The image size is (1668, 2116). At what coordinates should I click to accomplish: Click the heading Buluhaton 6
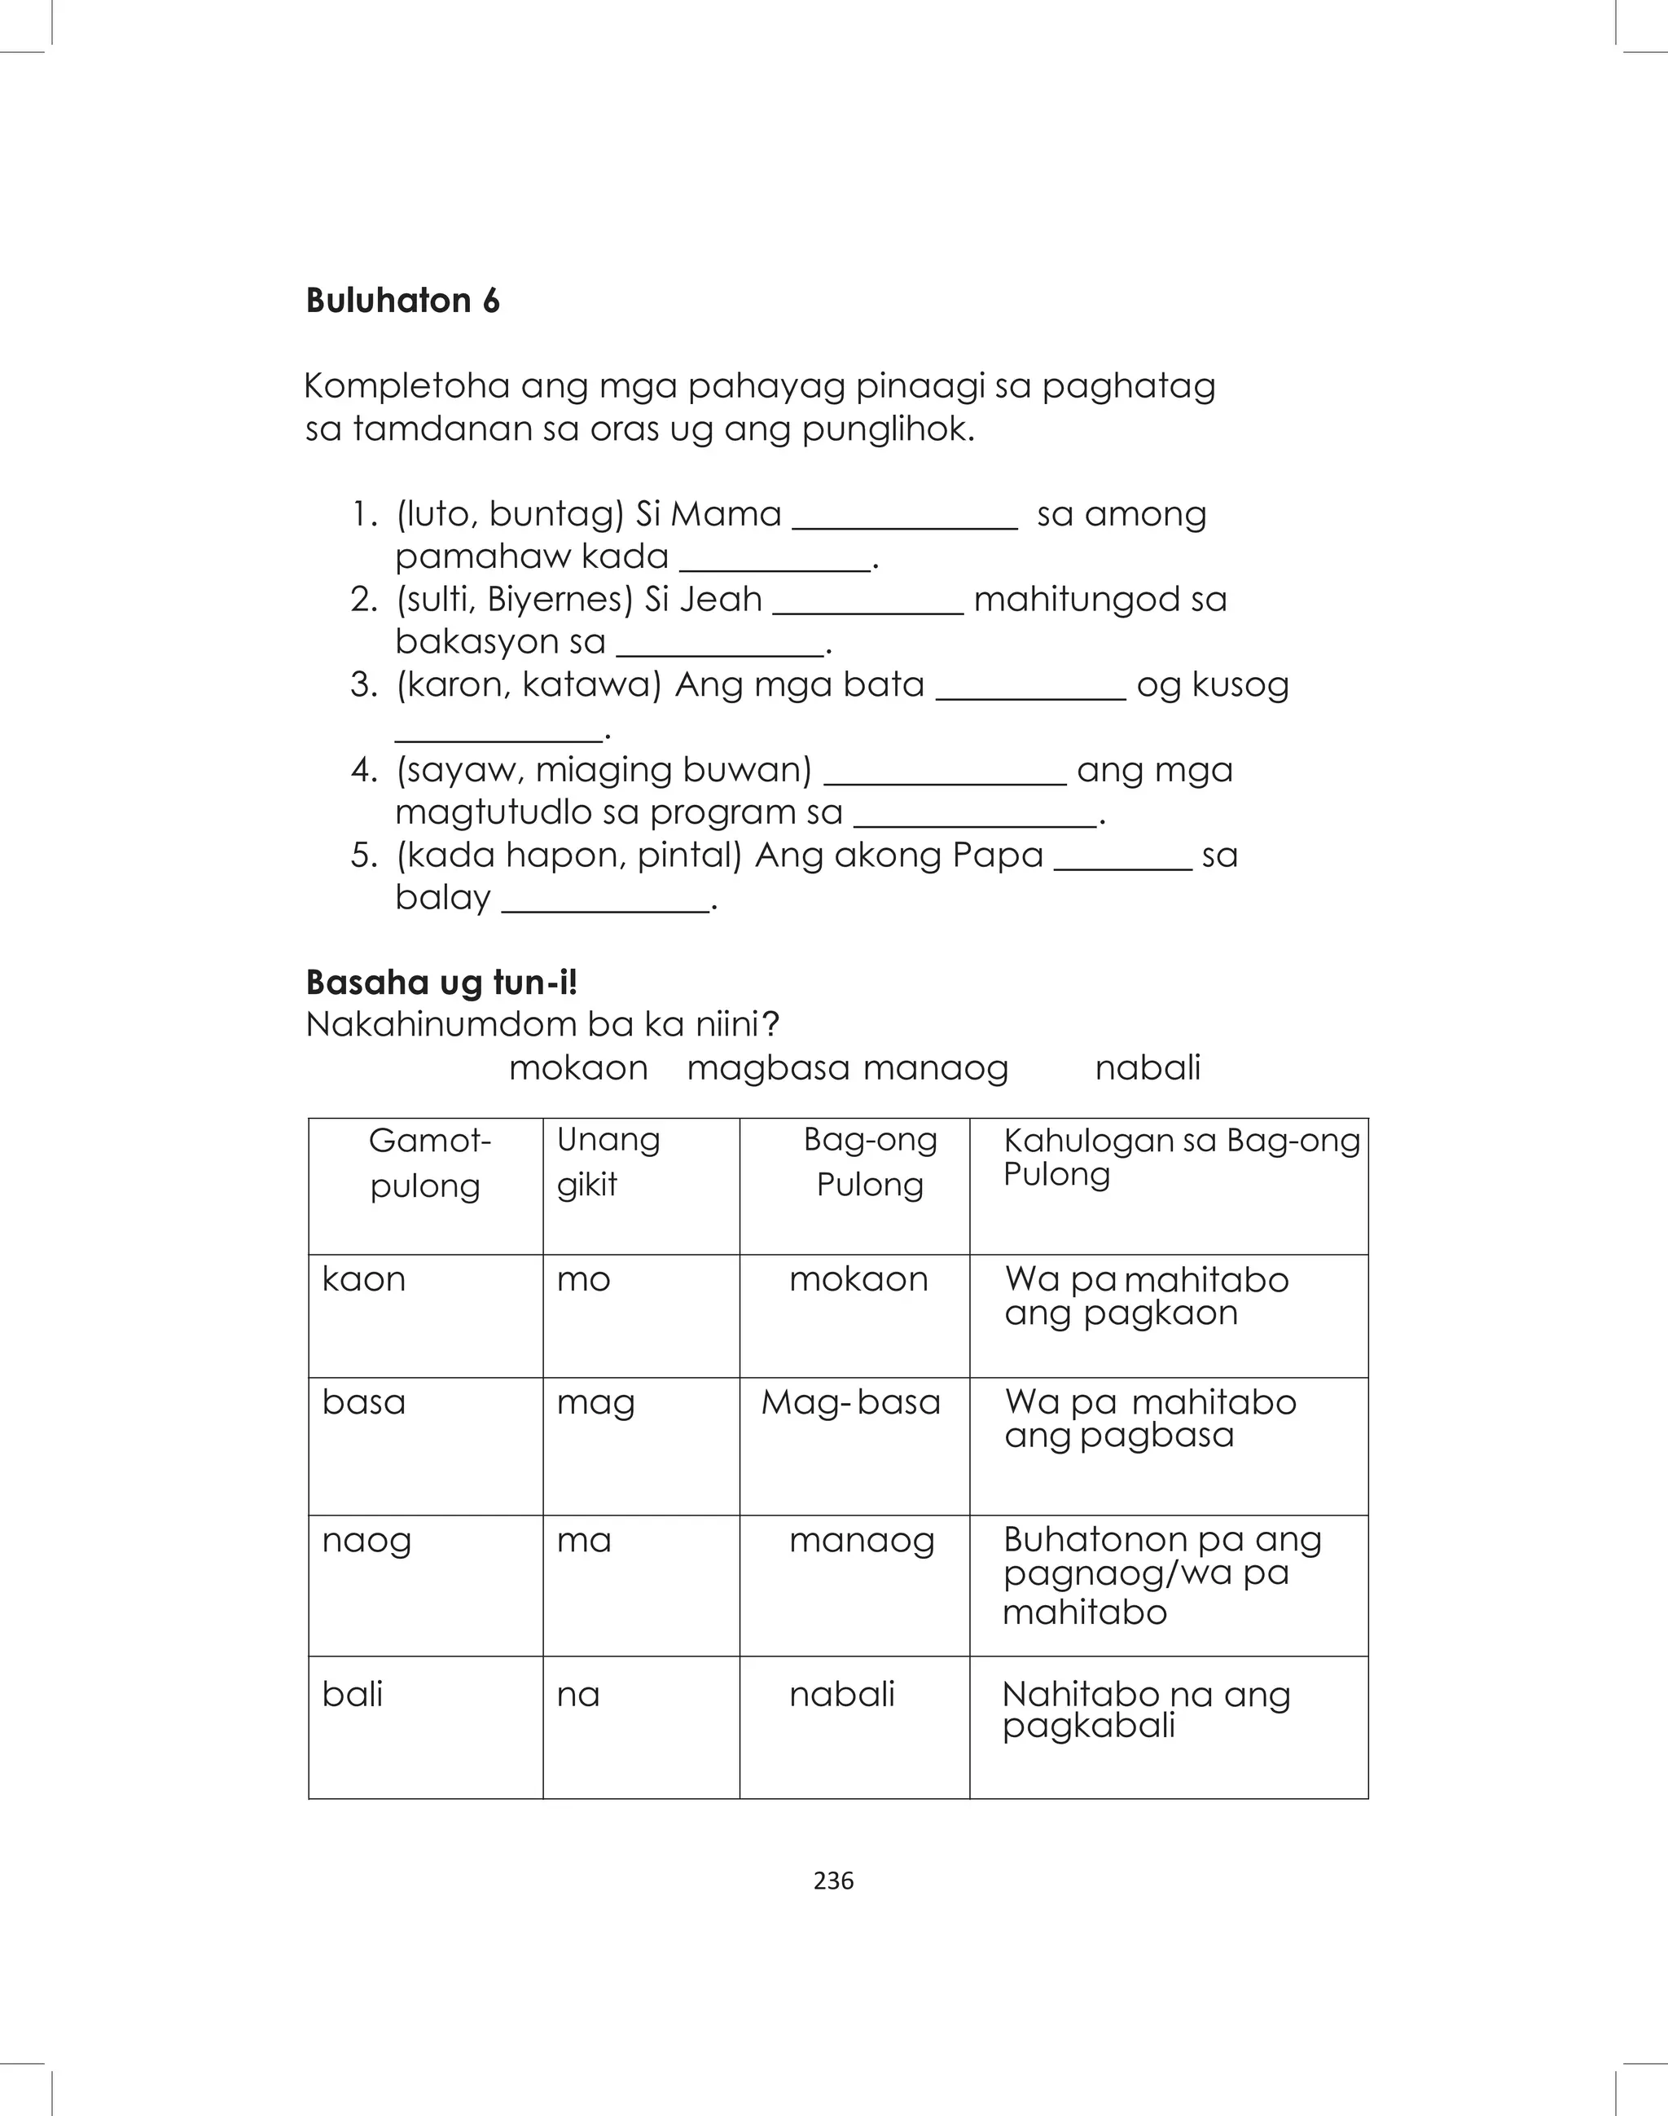pyautogui.click(x=402, y=300)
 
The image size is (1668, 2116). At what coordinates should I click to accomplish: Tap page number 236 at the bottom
pyautogui.click(x=833, y=1881)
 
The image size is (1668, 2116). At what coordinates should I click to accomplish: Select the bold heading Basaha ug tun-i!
pyautogui.click(x=441, y=982)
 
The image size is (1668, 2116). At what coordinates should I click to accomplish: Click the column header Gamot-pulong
pyautogui.click(x=426, y=1163)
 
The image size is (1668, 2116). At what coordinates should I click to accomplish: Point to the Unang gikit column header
pyautogui.click(x=608, y=1162)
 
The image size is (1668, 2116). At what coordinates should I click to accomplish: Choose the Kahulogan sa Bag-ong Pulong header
pyautogui.click(x=1181, y=1157)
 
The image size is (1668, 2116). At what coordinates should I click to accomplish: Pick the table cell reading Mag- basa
pyautogui.click(x=850, y=1402)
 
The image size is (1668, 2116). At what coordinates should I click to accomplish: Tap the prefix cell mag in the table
pyautogui.click(x=595, y=1402)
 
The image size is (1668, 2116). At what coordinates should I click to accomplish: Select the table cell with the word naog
pyautogui.click(x=367, y=1540)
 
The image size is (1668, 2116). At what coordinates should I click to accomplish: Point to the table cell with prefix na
pyautogui.click(x=578, y=1694)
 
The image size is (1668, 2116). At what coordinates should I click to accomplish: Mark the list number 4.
pyautogui.click(x=363, y=770)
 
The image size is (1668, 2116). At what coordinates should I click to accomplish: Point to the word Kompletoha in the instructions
pyautogui.click(x=406, y=386)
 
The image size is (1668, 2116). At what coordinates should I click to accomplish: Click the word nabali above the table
pyautogui.click(x=1148, y=1067)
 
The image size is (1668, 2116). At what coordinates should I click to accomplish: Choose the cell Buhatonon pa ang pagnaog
pyautogui.click(x=1161, y=1574)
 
